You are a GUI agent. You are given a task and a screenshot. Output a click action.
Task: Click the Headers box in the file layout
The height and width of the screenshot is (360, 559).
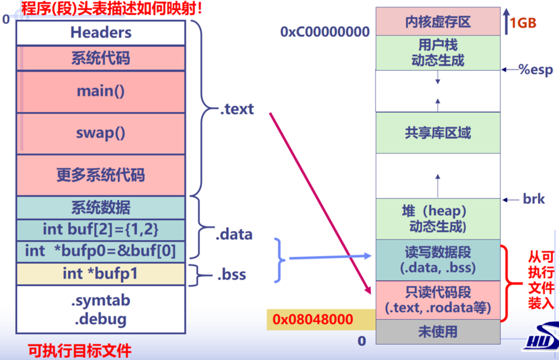click(101, 33)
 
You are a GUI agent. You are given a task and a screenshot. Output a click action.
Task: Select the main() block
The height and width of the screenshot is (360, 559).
click(101, 91)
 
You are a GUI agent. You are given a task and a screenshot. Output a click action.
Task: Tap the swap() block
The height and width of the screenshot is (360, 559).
click(101, 133)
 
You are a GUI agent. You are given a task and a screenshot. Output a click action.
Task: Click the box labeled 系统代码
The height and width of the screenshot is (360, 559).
click(101, 58)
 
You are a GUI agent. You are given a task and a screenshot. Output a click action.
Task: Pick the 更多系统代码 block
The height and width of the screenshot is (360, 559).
click(101, 175)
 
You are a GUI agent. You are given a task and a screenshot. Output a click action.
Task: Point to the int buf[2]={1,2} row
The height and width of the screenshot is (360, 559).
click(101, 229)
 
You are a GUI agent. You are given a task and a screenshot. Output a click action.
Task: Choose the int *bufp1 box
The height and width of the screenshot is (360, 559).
click(101, 273)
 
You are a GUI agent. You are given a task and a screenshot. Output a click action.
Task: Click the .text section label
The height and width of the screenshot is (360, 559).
click(237, 109)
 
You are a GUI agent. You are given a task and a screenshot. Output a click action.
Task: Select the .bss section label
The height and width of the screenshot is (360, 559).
click(231, 274)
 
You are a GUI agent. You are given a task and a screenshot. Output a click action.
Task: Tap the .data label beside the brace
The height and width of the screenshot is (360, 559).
click(234, 234)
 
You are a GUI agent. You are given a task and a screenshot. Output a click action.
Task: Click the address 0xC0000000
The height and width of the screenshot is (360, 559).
click(325, 32)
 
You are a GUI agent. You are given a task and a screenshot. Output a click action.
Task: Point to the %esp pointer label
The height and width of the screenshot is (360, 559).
click(535, 69)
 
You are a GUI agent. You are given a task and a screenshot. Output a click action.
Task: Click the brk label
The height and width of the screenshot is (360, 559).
click(533, 199)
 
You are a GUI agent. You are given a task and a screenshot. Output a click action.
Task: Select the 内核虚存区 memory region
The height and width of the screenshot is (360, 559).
click(438, 21)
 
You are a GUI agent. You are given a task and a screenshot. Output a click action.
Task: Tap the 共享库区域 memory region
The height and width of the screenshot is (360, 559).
click(438, 133)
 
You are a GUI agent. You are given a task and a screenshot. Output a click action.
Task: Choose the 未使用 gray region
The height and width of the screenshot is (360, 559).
click(438, 331)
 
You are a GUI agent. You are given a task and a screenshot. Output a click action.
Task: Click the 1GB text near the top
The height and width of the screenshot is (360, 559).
click(523, 23)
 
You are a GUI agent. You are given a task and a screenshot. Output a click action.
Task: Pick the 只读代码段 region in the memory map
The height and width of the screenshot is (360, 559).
click(438, 300)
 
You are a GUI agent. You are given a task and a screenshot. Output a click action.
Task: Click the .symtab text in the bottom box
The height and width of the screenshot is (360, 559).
click(101, 301)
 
